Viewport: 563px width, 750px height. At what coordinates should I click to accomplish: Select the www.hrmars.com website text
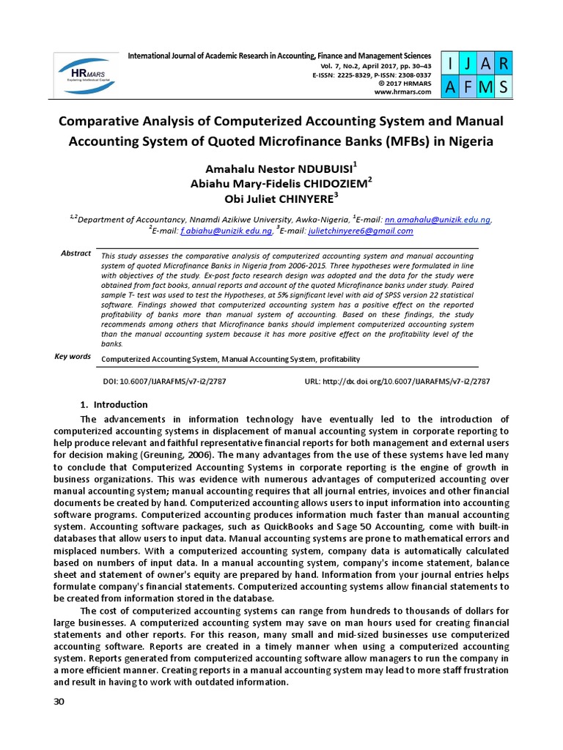pos(402,92)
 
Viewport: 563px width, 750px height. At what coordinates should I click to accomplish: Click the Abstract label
pos(76,253)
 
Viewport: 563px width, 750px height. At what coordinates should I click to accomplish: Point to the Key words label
pos(73,357)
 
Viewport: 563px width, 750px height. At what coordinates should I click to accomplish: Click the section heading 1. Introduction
pos(114,405)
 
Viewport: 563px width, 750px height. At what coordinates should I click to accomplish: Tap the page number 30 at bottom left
pos(59,702)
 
